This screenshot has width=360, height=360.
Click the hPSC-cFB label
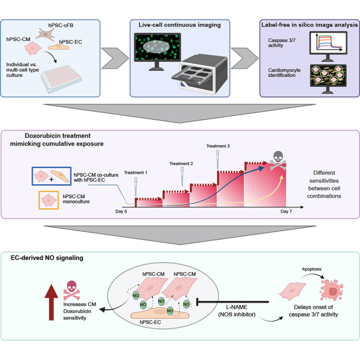[61, 25]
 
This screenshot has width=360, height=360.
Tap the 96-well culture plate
[61, 79]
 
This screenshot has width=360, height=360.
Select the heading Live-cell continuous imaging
[179, 25]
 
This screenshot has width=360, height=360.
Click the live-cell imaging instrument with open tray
[200, 74]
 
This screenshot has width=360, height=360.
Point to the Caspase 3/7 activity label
[282, 43]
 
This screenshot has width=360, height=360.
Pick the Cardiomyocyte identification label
[284, 73]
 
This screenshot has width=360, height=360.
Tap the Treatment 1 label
[136, 172]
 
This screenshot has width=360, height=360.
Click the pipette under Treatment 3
[217, 159]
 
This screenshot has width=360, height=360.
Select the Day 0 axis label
[121, 211]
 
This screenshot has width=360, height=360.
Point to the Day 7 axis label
[286, 211]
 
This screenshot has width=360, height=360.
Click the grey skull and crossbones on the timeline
[278, 160]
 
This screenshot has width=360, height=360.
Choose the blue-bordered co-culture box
[52, 176]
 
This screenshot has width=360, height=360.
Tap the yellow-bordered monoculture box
[49, 200]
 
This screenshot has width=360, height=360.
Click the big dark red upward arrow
[51, 302]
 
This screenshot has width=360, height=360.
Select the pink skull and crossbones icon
[72, 290]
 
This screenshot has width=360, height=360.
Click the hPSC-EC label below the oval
[150, 322]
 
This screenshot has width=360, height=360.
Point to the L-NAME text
[237, 307]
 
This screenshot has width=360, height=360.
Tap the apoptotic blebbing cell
[332, 290]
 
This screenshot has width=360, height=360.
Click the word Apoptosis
[312, 269]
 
